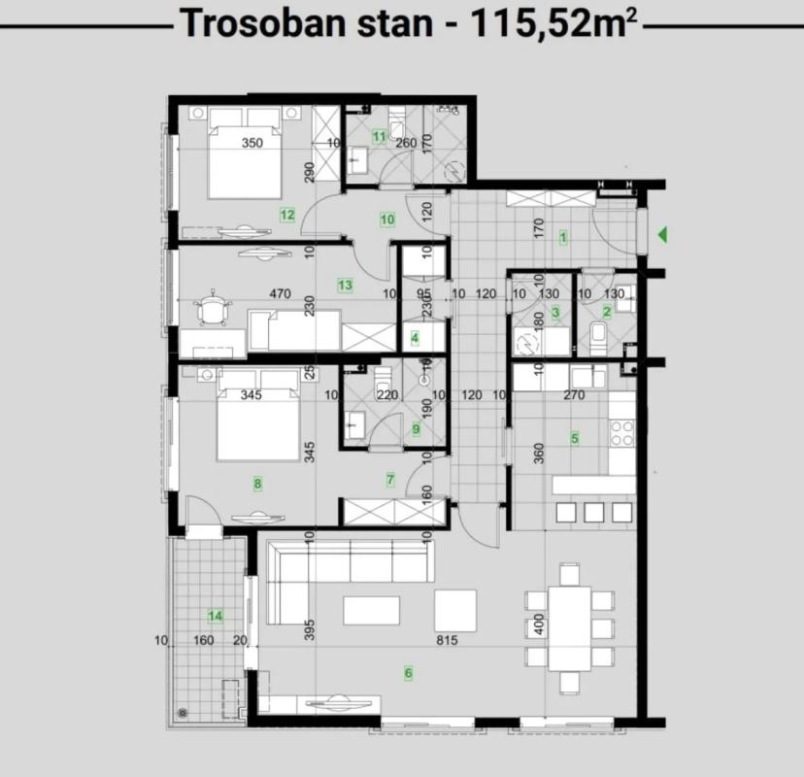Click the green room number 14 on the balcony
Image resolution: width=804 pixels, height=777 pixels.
[x=216, y=616]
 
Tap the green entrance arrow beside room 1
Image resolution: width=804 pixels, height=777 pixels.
[x=662, y=235]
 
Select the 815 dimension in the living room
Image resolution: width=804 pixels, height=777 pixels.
[x=447, y=640]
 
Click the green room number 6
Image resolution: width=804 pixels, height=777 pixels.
[x=408, y=672]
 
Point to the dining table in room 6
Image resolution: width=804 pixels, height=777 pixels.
[x=570, y=628]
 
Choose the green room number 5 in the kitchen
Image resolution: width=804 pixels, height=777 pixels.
[x=574, y=438]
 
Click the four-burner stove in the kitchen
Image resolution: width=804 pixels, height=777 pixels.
[x=622, y=433]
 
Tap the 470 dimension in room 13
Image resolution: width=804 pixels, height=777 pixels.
[x=280, y=294]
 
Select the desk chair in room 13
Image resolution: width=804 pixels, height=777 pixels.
[x=212, y=307]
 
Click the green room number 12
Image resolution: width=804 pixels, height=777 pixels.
[x=287, y=215]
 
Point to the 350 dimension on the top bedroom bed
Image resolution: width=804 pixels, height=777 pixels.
[x=252, y=143]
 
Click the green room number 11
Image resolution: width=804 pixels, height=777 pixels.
[x=379, y=136]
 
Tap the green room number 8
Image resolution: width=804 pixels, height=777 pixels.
[x=257, y=483]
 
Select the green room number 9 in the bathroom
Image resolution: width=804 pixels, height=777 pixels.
[x=416, y=428]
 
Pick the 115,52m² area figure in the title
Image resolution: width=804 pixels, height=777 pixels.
[x=553, y=23]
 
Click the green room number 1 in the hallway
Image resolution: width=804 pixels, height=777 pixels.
[x=563, y=237]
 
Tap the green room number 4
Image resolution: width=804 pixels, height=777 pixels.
[x=415, y=338]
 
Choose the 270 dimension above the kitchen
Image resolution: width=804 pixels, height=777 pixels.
[x=574, y=395]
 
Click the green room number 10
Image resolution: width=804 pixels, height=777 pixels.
[x=387, y=220]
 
